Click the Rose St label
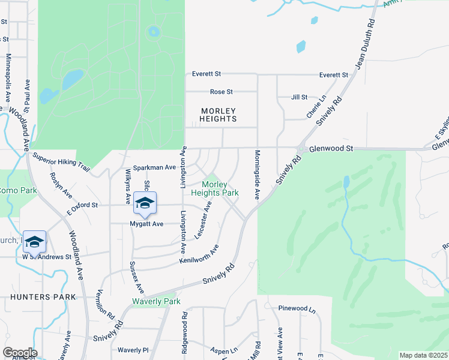tap(221, 92)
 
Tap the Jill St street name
tap(298, 97)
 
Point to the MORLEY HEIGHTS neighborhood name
tap(218, 115)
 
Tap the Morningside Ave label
tap(256, 175)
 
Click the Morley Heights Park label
tap(215, 188)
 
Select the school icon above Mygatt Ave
tap(145, 203)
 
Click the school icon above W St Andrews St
tap(34, 241)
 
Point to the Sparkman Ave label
tap(154, 167)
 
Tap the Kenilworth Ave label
tap(199, 254)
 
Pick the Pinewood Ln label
tap(297, 308)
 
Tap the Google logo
tap(20, 352)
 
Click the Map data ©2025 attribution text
tap(423, 355)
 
